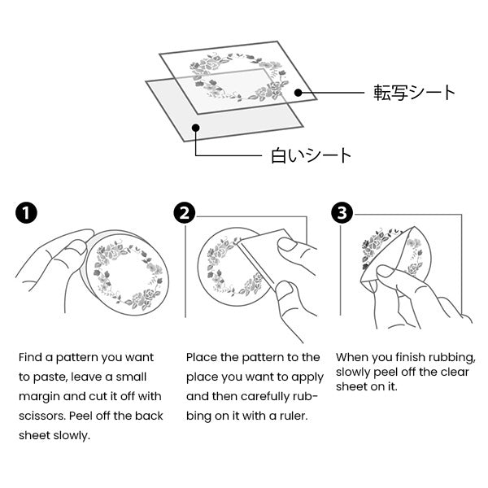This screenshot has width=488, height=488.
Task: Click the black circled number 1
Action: (26, 213)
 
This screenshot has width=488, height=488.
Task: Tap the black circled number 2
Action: (185, 213)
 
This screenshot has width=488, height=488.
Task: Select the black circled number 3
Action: (342, 213)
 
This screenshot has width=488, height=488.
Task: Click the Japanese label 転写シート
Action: (414, 93)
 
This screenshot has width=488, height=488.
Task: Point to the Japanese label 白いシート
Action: (311, 155)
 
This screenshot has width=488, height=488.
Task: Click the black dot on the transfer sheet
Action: (298, 93)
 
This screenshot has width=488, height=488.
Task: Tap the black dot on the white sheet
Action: (195, 128)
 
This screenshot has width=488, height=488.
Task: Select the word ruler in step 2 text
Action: (294, 416)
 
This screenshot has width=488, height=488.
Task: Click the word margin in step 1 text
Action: (39, 397)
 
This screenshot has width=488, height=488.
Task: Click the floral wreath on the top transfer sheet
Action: (239, 77)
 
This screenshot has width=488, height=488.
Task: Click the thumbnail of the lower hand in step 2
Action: (285, 288)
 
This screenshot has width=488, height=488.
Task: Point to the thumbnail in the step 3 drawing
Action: (386, 272)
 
